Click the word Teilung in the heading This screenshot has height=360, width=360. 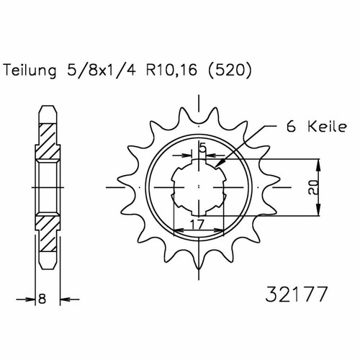coord(30,71)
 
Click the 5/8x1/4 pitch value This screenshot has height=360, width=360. coord(102,71)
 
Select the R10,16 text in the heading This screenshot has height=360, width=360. coord(171,71)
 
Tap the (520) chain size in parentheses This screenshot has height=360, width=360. coord(230,71)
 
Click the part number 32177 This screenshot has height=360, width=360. coord(296,294)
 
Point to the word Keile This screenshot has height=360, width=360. coord(328,127)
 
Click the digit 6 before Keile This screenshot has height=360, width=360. coord(291,127)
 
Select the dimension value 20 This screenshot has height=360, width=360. coord(314,187)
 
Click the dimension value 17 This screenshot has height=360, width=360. coord(197,225)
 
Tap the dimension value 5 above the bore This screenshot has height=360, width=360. coord(203,148)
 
